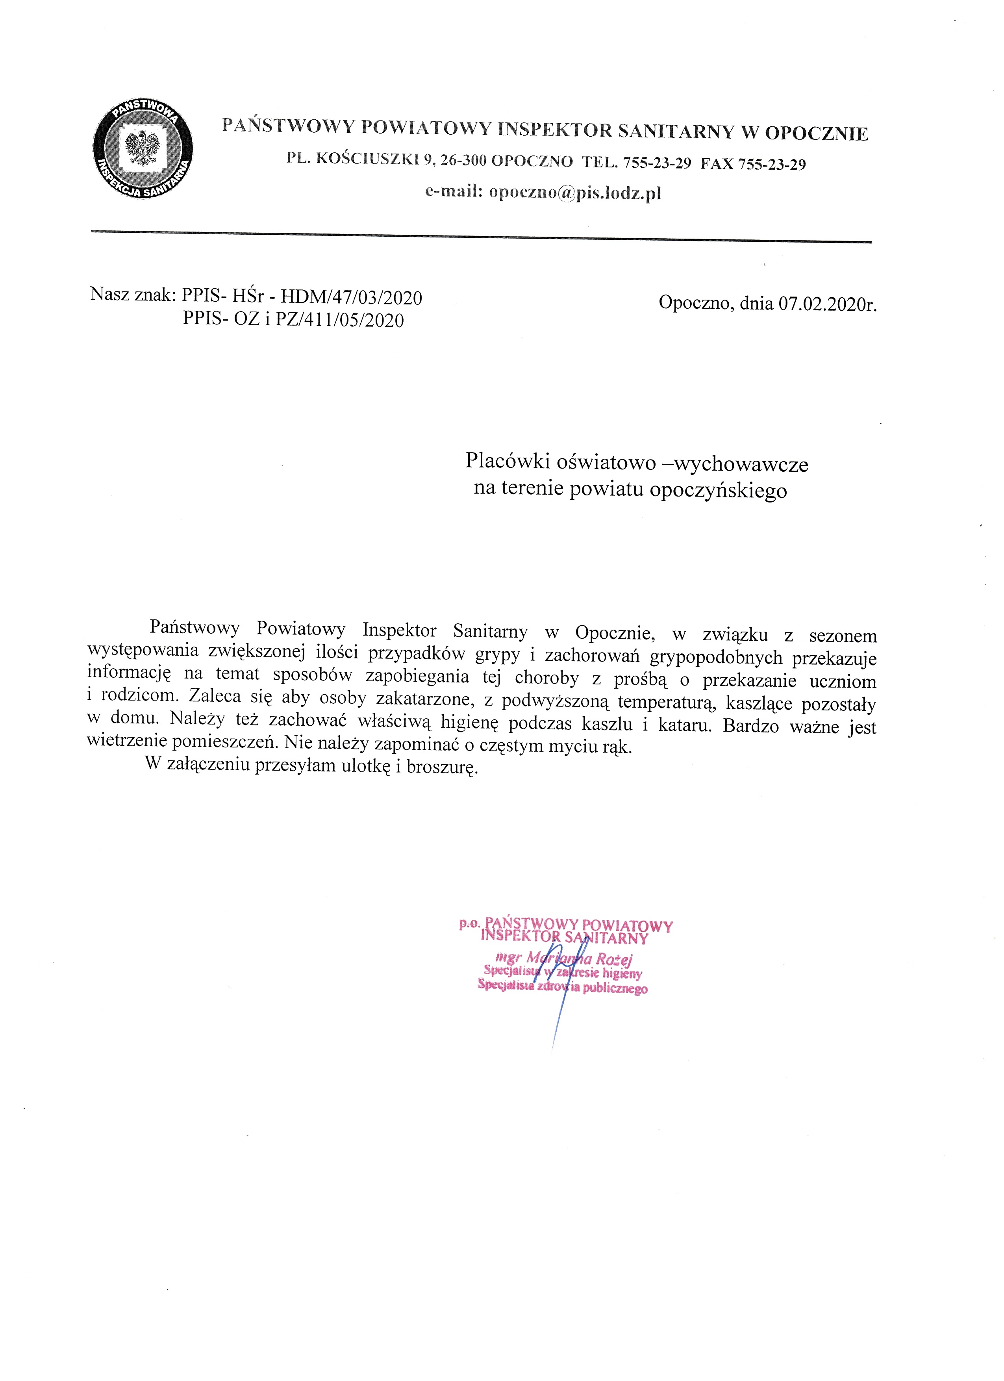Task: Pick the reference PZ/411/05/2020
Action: [x=340, y=320]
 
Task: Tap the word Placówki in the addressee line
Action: [x=508, y=461]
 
